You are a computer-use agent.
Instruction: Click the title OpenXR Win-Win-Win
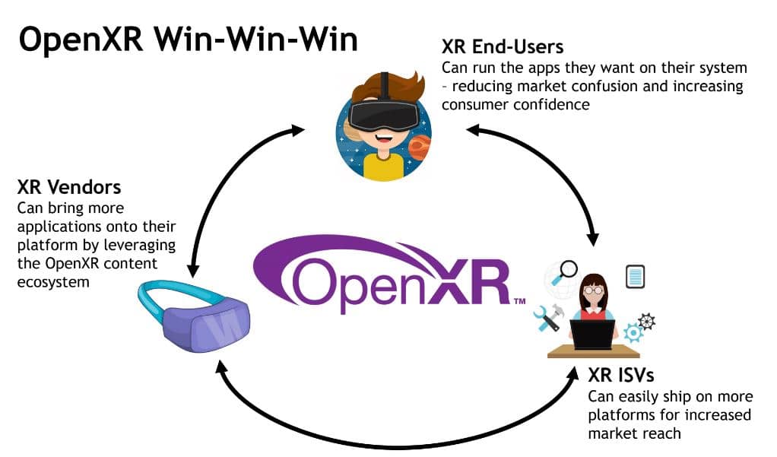188,40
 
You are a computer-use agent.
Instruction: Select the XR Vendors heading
69,187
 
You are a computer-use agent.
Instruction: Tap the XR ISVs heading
621,376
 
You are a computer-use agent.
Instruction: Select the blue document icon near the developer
635,277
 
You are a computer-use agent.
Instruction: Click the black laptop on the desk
593,335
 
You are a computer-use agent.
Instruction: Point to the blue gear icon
633,332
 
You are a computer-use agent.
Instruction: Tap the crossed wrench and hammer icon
547,317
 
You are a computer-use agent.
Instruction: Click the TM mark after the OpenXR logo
519,302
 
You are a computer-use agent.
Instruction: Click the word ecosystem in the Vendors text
52,282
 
